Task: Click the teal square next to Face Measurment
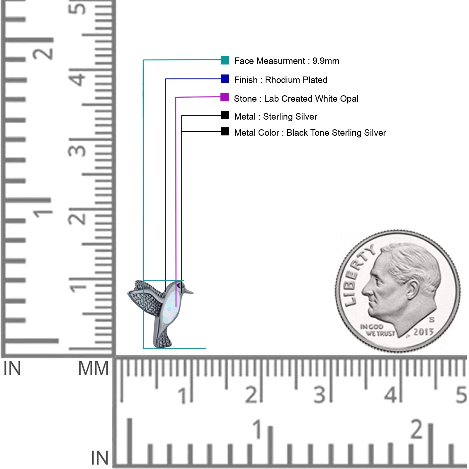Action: pyautogui.click(x=225, y=60)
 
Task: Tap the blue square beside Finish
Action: pyautogui.click(x=225, y=79)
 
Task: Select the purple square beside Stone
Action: pyautogui.click(x=225, y=97)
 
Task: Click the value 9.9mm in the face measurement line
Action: pyautogui.click(x=326, y=61)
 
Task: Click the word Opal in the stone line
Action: pyautogui.click(x=349, y=99)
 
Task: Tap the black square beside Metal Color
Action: pyautogui.click(x=225, y=131)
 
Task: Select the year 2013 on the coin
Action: pyautogui.click(x=423, y=332)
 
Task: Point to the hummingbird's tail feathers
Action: pyautogui.click(x=163, y=340)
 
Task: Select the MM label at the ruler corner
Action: pyautogui.click(x=94, y=368)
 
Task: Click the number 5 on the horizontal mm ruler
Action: pyautogui.click(x=461, y=395)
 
